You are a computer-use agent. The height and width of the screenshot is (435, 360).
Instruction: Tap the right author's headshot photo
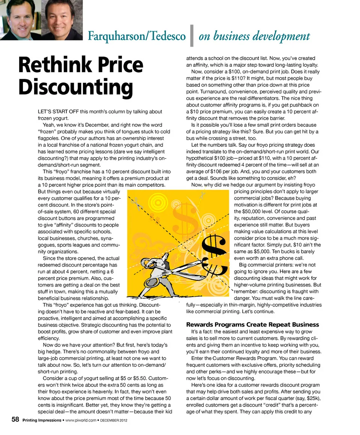62,19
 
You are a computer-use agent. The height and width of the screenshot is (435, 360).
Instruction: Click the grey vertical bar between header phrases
192,36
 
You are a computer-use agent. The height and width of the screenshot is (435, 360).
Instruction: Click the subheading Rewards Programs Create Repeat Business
252,324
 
